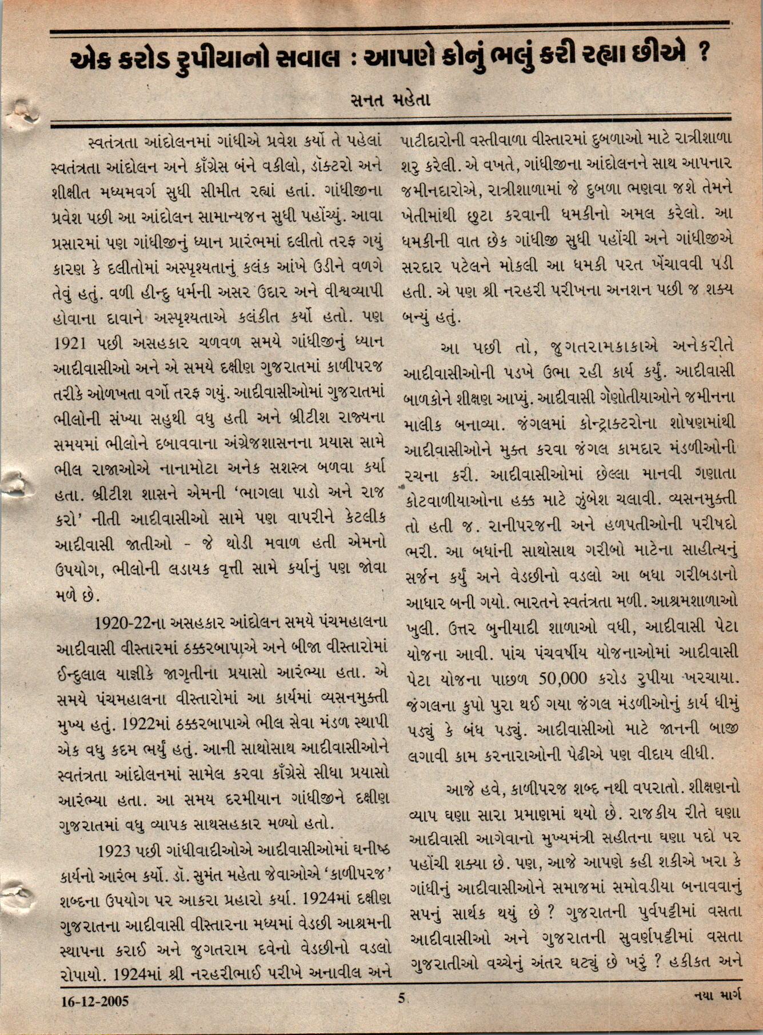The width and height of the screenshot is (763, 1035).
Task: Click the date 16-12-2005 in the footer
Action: (x=95, y=1001)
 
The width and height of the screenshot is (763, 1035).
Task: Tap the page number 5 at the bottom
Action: (x=401, y=998)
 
